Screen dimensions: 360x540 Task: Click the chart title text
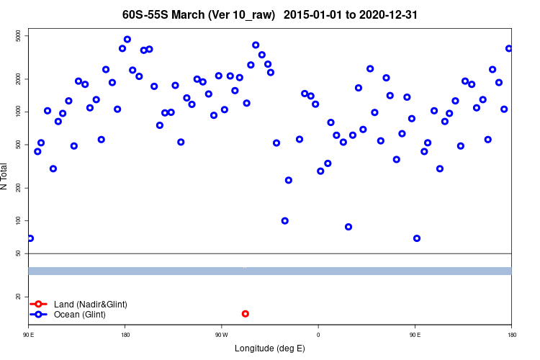pyautogui.click(x=270, y=14)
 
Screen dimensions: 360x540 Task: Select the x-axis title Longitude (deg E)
pyautogui.click(x=270, y=348)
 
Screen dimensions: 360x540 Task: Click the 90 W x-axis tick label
pyautogui.click(x=221, y=335)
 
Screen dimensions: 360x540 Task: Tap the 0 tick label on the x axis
pyautogui.click(x=318, y=335)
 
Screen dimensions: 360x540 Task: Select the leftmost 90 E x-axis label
pyautogui.click(x=29, y=335)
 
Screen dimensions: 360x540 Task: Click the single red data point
pyautogui.click(x=246, y=314)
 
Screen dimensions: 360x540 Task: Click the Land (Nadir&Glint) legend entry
pyautogui.click(x=90, y=305)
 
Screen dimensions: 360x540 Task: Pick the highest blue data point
pyautogui.click(x=127, y=40)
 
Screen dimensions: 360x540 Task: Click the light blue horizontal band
pyautogui.click(x=270, y=271)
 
